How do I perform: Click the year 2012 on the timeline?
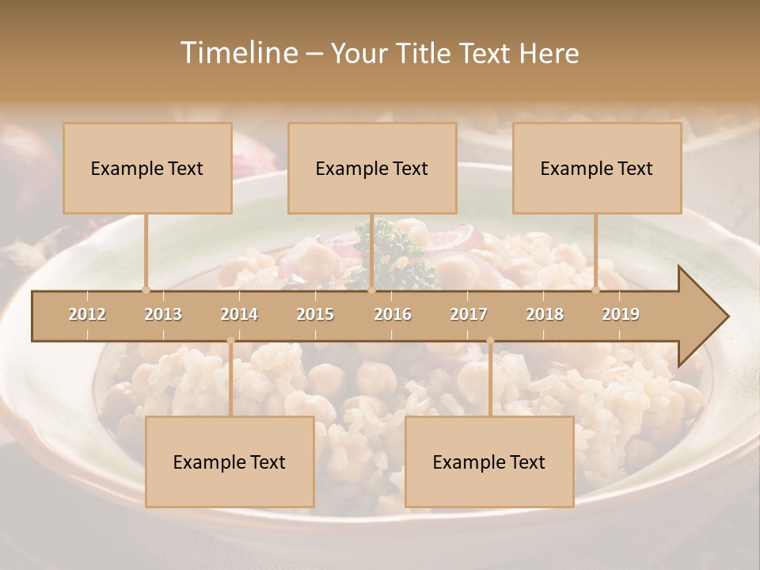pyautogui.click(x=87, y=314)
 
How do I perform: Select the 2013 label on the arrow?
pyautogui.click(x=163, y=314)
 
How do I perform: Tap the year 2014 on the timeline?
pyautogui.click(x=239, y=314)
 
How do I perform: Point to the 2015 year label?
pyautogui.click(x=315, y=314)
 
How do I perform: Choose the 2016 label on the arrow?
pyautogui.click(x=393, y=314)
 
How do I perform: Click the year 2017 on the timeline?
pyautogui.click(x=469, y=314)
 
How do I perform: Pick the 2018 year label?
pyautogui.click(x=545, y=314)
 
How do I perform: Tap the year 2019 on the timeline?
pyautogui.click(x=621, y=314)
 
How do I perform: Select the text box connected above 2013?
pyautogui.click(x=147, y=168)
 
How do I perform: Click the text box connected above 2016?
pyautogui.click(x=372, y=168)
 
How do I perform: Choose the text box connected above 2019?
pyautogui.click(x=597, y=168)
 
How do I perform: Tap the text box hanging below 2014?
pyautogui.click(x=230, y=462)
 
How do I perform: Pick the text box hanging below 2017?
pyautogui.click(x=489, y=462)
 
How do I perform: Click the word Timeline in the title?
pyautogui.click(x=237, y=53)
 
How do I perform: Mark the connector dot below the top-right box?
pyautogui.click(x=596, y=290)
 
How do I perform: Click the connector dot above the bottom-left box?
pyautogui.click(x=230, y=340)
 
